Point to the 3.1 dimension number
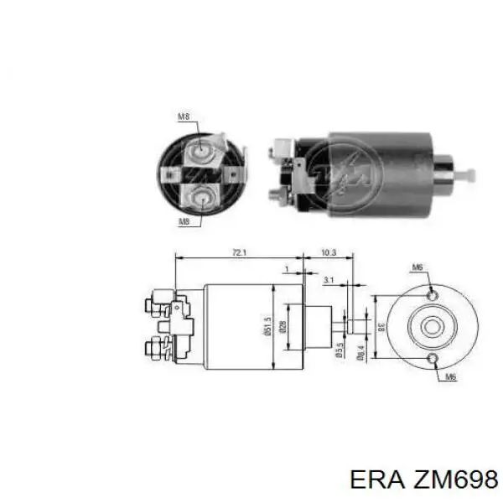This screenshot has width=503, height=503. (329, 280)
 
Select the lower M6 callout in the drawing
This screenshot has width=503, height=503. (449, 377)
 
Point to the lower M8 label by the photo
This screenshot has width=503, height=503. (184, 221)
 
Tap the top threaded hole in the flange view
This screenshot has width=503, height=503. (431, 297)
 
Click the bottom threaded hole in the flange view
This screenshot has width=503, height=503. (431, 360)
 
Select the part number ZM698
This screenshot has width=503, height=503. (454, 479)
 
